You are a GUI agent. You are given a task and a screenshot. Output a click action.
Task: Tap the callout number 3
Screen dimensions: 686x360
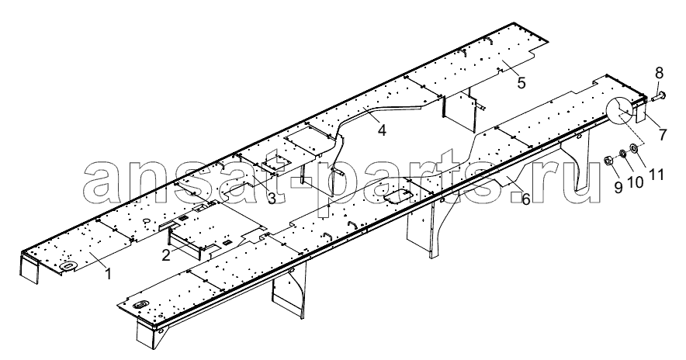[272, 199]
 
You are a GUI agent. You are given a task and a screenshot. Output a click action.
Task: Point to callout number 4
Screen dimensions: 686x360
[382, 130]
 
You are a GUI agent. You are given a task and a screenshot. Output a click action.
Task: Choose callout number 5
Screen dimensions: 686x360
[521, 83]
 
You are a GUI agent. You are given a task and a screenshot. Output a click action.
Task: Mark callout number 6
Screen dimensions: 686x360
[525, 199]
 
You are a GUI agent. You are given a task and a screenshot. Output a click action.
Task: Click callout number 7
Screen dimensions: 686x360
[663, 135]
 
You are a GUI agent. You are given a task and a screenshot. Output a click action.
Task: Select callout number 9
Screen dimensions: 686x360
[618, 188]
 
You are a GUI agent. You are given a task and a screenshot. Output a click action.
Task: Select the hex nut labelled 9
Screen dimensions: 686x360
[608, 161]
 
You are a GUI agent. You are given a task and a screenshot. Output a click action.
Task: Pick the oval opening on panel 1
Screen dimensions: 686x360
[68, 265]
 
